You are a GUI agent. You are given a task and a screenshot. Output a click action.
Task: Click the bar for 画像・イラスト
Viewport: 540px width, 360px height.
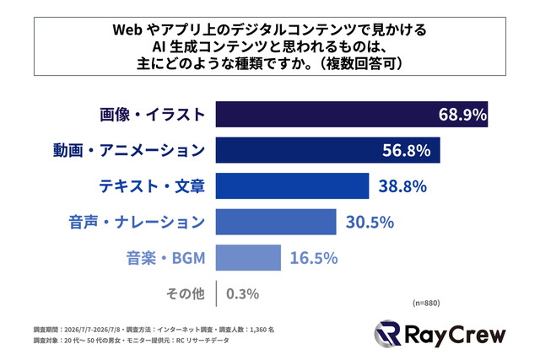tap(352, 115)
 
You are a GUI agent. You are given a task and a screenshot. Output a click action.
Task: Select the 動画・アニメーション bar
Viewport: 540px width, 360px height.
tap(328, 150)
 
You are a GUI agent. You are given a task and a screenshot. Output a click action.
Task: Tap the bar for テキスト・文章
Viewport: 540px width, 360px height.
tap(293, 185)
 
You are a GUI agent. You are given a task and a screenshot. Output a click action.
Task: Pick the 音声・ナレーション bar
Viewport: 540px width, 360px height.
tap(276, 222)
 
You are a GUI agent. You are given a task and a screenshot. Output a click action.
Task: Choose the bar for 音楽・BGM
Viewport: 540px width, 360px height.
tap(248, 258)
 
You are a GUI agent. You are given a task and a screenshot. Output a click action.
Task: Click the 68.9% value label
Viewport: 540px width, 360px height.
tap(462, 115)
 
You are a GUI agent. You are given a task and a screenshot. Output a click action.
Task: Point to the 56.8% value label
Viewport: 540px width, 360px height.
tap(407, 150)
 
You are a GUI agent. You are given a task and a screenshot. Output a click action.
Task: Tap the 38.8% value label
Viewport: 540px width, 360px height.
tap(402, 186)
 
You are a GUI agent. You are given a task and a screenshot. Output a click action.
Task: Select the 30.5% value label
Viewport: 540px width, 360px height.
tap(370, 222)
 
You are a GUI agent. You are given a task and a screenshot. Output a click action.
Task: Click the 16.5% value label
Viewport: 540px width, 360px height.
tap(314, 258)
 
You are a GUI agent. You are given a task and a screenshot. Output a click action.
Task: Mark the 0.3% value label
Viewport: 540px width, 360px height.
tap(242, 294)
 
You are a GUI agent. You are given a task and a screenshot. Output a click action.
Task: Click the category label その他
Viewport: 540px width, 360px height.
tap(186, 294)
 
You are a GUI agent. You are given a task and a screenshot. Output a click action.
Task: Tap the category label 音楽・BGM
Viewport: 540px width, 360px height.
tap(166, 258)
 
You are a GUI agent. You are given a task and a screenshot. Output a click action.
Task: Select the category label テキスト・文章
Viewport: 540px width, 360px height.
tap(152, 186)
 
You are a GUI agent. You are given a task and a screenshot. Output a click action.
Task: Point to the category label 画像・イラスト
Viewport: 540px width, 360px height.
tap(153, 115)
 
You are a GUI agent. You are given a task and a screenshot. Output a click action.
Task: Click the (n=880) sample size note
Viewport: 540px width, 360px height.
tap(426, 303)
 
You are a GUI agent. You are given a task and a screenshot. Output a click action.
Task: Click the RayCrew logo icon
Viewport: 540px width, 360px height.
tap(387, 334)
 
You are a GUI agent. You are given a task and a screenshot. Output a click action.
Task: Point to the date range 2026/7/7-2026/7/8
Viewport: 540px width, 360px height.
tap(92, 330)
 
